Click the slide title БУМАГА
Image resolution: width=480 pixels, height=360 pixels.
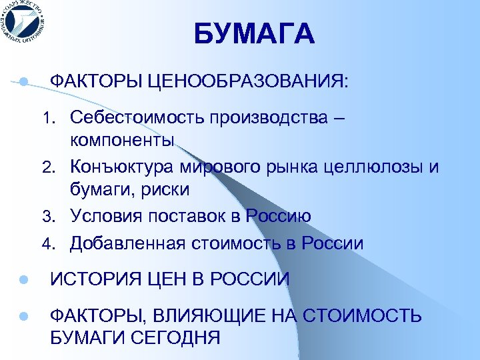[254, 35]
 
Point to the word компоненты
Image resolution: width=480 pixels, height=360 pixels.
[123, 141]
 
